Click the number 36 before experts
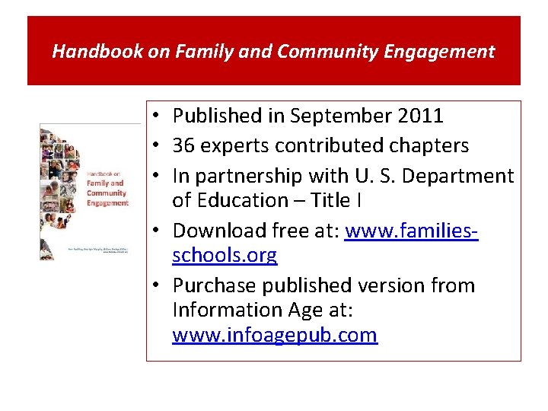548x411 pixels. (x=183, y=145)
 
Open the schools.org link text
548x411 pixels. (x=225, y=255)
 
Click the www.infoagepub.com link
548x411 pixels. (x=275, y=335)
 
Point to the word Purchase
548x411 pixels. (x=214, y=285)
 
